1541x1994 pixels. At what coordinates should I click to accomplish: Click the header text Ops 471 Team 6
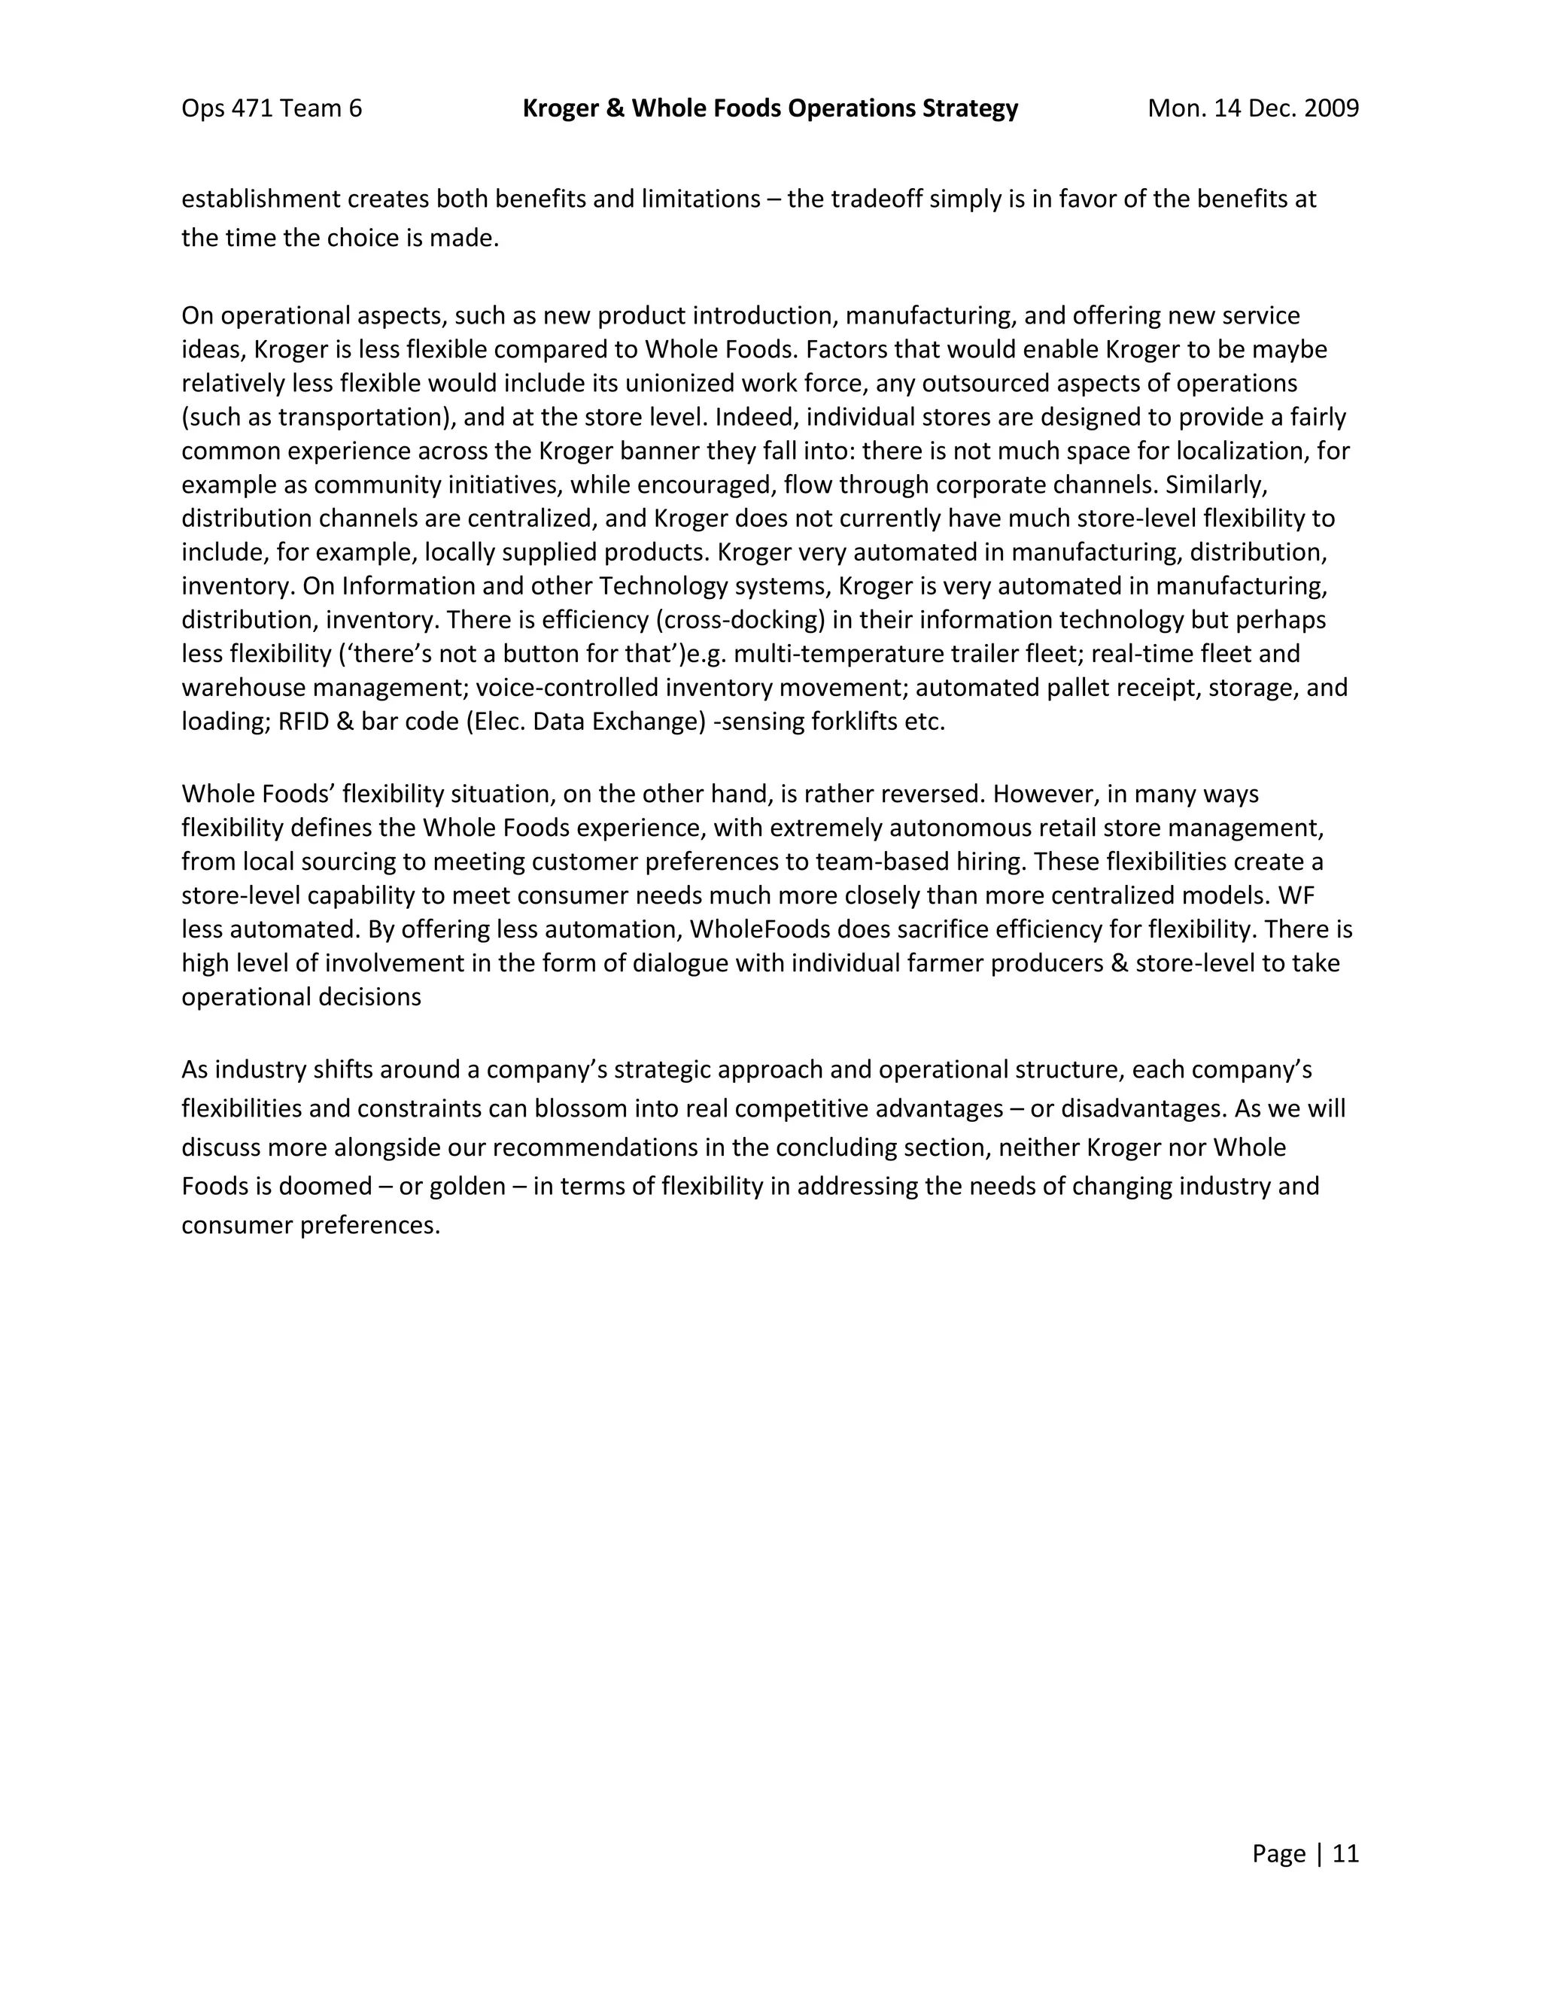(271, 108)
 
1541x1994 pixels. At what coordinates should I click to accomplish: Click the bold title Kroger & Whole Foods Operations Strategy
(770, 108)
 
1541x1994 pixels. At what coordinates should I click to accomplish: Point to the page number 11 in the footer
(1345, 1853)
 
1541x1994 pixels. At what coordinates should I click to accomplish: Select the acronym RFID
(309, 722)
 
